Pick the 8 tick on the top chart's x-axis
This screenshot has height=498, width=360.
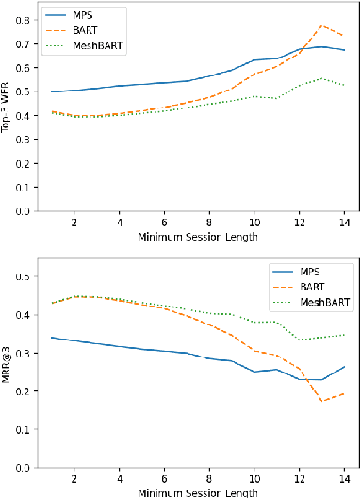tap(210, 224)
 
